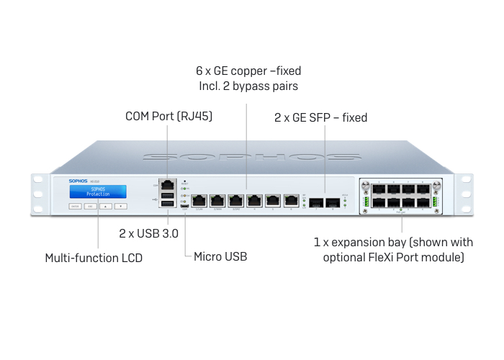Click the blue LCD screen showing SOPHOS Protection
[x=98, y=192]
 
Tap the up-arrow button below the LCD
[x=105, y=206]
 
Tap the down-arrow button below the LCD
[x=121, y=206]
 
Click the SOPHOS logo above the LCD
[x=80, y=180]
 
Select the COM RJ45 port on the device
[x=167, y=185]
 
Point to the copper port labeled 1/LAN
[x=200, y=200]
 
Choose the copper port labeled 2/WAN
[x=218, y=200]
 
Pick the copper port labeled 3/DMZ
[x=236, y=200]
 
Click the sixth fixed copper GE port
[x=291, y=200]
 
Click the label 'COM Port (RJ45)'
[x=168, y=116]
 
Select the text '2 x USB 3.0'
[x=148, y=233]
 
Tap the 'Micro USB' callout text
[x=220, y=256]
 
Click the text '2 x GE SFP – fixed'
[x=320, y=117]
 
